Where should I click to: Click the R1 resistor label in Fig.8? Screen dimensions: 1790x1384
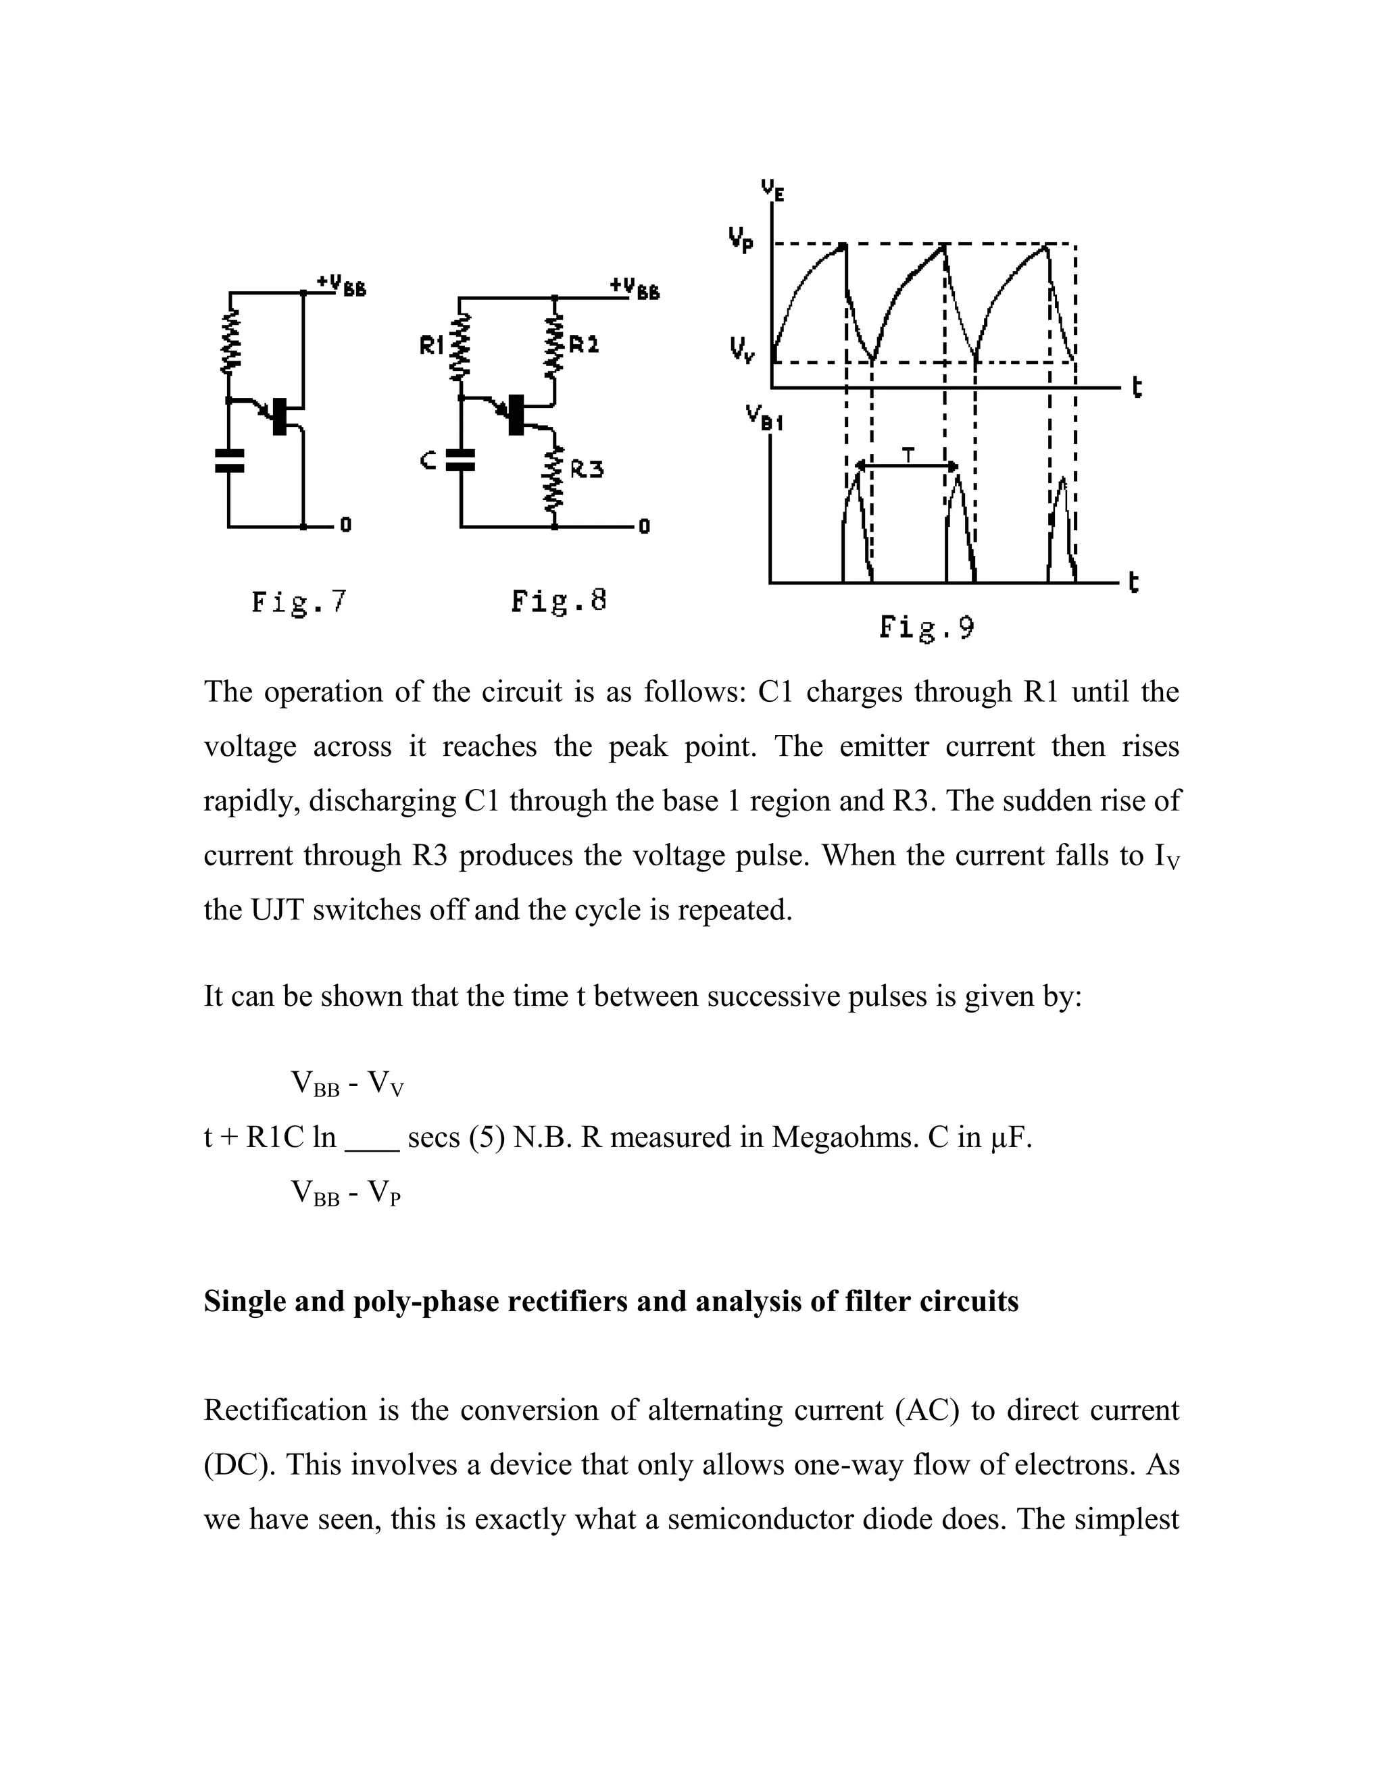[x=431, y=347]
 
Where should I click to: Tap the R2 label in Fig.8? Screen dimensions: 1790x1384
[x=584, y=344]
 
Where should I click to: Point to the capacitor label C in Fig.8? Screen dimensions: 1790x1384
[x=427, y=461]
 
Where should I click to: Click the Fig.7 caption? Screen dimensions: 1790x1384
[x=299, y=603]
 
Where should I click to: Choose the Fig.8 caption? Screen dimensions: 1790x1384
[x=558, y=602]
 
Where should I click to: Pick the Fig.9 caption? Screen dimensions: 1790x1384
[x=926, y=629]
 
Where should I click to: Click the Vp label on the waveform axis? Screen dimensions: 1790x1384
[x=741, y=241]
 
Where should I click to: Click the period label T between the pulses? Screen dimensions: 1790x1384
[x=908, y=453]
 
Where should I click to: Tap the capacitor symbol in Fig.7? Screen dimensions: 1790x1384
[x=229, y=461]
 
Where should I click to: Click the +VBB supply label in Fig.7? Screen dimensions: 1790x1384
[x=341, y=284]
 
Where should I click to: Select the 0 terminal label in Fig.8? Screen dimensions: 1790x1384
[x=645, y=527]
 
